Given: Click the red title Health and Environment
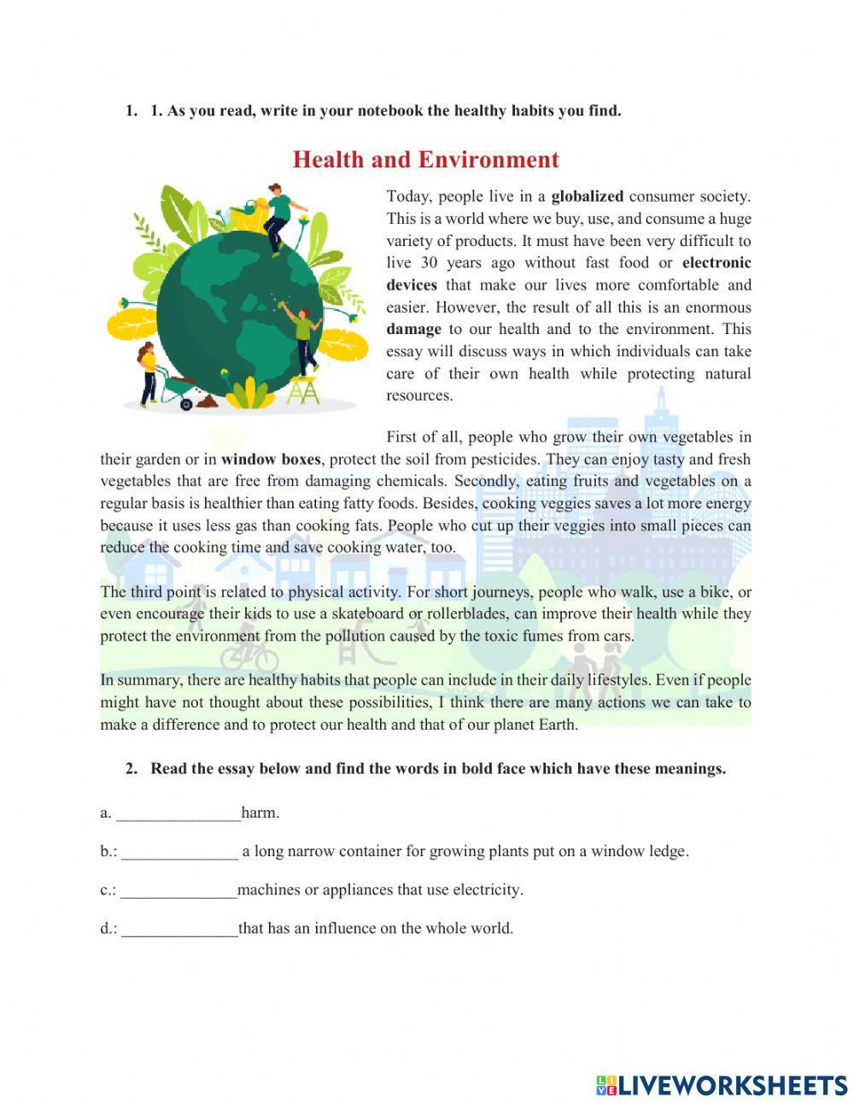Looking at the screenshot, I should coord(425,160).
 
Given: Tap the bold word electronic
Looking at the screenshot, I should coord(717,263).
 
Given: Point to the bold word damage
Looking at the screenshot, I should coord(413,329).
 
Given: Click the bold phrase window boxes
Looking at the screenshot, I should coord(271,459).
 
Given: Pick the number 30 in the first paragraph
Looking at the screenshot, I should coord(430,263).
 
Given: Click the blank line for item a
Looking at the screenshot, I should coord(178,813).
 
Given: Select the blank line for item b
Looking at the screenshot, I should coord(179,852).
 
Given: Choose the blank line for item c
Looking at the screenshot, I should coord(178,890).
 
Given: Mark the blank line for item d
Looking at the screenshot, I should coord(179,929).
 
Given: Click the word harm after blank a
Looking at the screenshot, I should coord(260,813).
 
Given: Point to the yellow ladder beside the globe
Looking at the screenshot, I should coord(302,390).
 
